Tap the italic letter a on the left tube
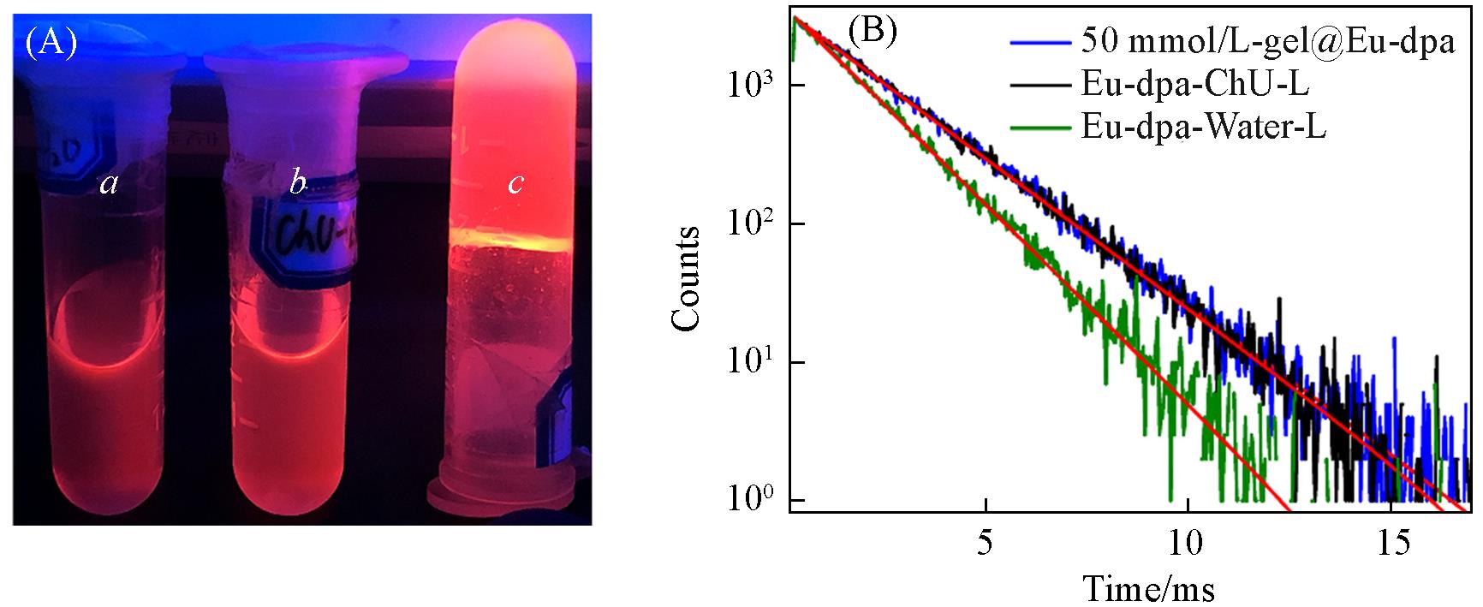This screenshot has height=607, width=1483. pyautogui.click(x=109, y=182)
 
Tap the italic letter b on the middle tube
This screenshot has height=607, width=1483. pyautogui.click(x=297, y=183)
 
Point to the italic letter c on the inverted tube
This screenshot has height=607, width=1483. pyautogui.click(x=515, y=183)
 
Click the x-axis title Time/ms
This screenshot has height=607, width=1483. pyautogui.click(x=1150, y=589)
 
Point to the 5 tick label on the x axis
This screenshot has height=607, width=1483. pyautogui.click(x=986, y=545)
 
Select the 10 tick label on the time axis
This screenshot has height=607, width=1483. pyautogui.click(x=1187, y=545)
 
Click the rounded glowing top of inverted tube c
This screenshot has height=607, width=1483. pyautogui.click(x=512, y=51)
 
